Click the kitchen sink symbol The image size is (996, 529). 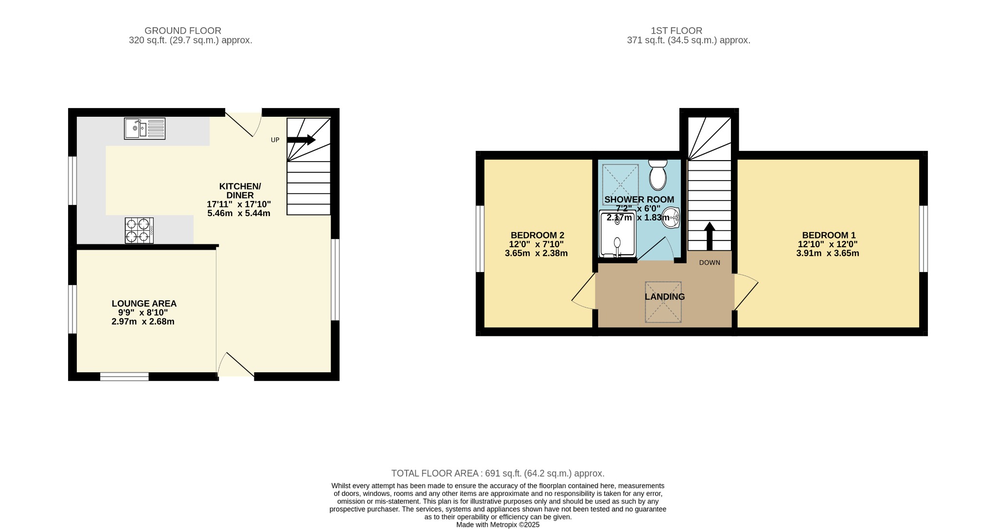(144, 128)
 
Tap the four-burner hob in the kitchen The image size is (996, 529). (139, 230)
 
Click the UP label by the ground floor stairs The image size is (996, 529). (275, 140)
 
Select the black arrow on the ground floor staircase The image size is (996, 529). (301, 140)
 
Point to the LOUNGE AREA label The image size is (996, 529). (144, 304)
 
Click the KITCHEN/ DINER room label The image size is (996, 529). (240, 191)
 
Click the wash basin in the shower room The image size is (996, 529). (671, 217)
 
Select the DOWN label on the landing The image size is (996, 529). (710, 263)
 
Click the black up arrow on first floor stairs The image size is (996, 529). (710, 236)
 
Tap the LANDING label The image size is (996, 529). (665, 297)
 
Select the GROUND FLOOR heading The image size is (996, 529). (183, 31)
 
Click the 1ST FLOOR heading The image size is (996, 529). (676, 31)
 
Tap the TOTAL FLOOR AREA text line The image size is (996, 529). (498, 473)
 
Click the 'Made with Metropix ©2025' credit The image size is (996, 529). (498, 525)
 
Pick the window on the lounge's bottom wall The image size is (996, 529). (124, 377)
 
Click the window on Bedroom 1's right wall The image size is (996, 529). (924, 238)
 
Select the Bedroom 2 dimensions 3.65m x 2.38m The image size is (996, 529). (536, 253)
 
